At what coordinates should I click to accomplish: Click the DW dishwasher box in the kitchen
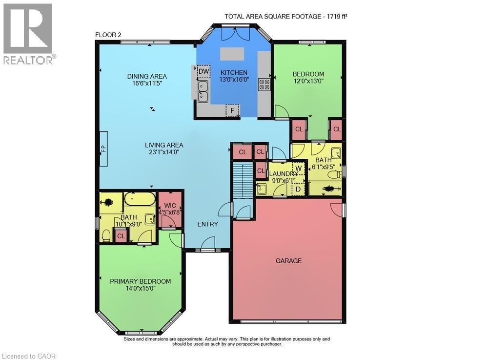pyautogui.click(x=203, y=71)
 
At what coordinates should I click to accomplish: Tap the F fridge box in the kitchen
pyautogui.click(x=233, y=110)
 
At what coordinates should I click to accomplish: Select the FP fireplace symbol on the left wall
pyautogui.click(x=103, y=149)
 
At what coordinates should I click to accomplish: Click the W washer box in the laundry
pyautogui.click(x=299, y=168)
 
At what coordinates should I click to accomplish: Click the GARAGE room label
pyautogui.click(x=288, y=261)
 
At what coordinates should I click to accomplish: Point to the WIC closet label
pyautogui.click(x=170, y=206)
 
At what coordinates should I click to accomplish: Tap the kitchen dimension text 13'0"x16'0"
pyautogui.click(x=234, y=80)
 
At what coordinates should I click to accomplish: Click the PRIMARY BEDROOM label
pyautogui.click(x=140, y=281)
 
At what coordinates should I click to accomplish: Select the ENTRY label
pyautogui.click(x=207, y=224)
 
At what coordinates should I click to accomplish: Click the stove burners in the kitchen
pyautogui.click(x=264, y=85)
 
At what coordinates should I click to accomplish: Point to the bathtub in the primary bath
pyautogui.click(x=140, y=200)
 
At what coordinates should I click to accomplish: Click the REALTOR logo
pyautogui.click(x=28, y=34)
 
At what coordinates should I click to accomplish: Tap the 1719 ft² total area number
pyautogui.click(x=336, y=16)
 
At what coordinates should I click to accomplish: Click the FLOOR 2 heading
pyautogui.click(x=108, y=35)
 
